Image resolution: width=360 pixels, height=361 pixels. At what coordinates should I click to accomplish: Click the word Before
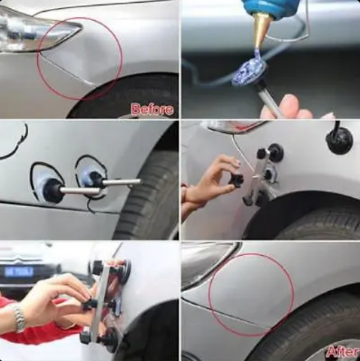pyautogui.click(x=152, y=109)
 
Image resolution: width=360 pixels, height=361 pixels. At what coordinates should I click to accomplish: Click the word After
pyautogui.click(x=343, y=352)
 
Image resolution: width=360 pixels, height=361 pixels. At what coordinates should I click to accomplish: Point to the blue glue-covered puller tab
pyautogui.click(x=248, y=73)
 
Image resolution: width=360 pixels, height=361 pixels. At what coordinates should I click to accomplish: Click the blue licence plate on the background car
pyautogui.click(x=19, y=271)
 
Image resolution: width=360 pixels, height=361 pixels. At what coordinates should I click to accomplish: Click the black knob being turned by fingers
pyautogui.click(x=237, y=180)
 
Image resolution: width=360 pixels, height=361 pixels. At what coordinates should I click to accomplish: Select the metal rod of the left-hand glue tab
pyautogui.click(x=80, y=190)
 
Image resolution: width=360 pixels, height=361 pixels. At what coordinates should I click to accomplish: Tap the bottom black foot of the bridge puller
pyautogui.click(x=107, y=336)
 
